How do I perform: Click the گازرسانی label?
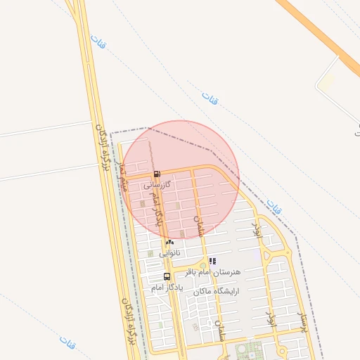coord(157,186)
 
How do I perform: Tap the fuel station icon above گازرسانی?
coord(157,174)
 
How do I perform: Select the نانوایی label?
coord(169,252)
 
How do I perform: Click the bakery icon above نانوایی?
coord(169,242)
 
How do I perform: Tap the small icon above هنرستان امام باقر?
coord(212,261)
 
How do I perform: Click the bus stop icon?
coord(167,276)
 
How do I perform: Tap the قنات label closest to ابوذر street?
coord(274,207)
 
